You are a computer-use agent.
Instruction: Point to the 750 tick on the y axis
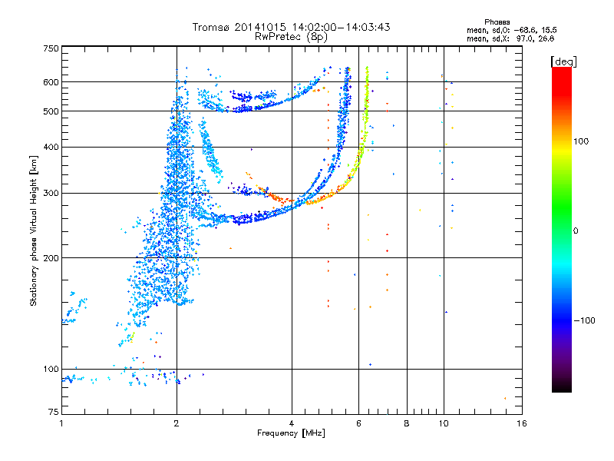(51, 48)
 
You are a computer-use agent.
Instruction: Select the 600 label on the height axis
(51, 82)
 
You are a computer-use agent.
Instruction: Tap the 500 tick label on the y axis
(51, 111)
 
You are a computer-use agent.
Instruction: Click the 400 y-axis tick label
(51, 147)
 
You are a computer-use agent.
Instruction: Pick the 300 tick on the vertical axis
(51, 193)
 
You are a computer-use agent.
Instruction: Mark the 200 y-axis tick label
(51, 258)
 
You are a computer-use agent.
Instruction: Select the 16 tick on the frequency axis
(521, 423)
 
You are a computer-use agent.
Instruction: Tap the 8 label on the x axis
(407, 423)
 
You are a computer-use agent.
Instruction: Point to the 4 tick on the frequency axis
(292, 423)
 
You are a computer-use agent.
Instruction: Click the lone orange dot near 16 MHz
(505, 398)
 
